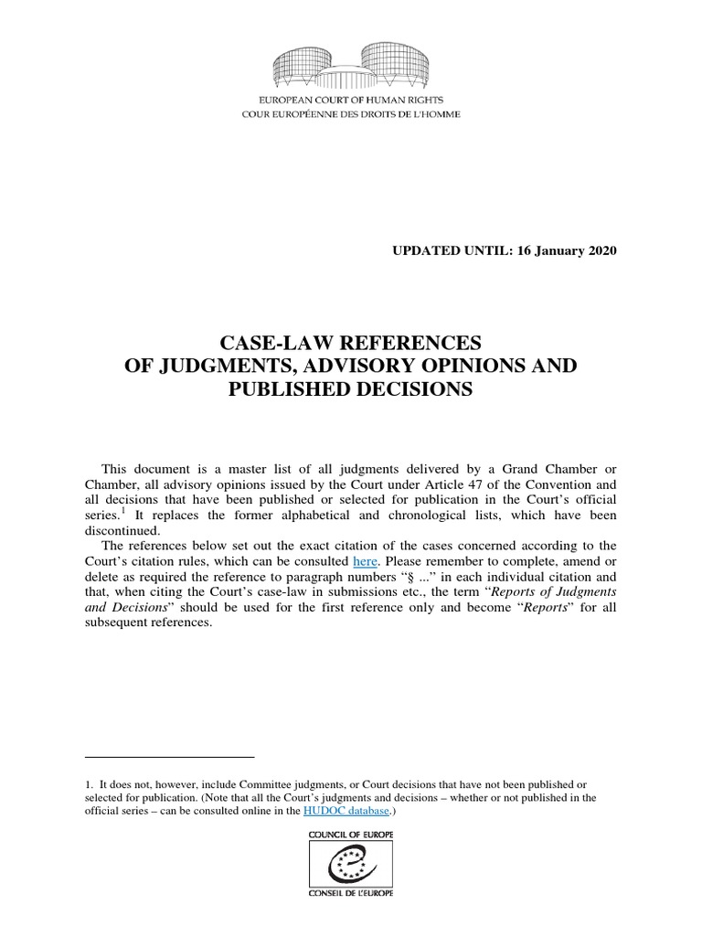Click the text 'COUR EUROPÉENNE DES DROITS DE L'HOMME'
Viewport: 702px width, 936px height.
point(351,114)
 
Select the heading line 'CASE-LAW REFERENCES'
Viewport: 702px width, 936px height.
point(351,342)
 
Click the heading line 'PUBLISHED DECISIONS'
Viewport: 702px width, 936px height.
point(351,388)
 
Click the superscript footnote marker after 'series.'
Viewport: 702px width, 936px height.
point(123,496)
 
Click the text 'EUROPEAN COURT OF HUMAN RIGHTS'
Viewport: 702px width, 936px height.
point(351,102)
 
